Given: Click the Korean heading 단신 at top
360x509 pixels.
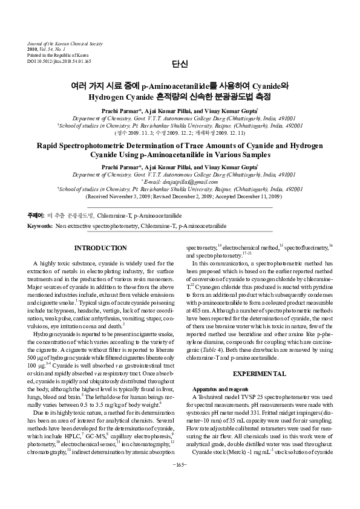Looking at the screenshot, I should click(180, 65).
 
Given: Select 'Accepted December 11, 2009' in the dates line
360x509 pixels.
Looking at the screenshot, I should click(249, 196).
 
